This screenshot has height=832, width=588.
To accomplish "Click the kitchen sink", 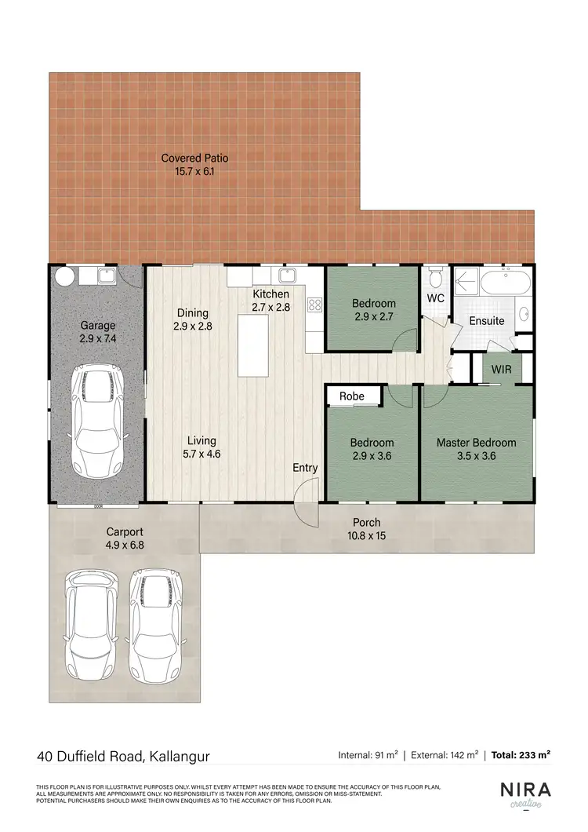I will click(286, 275).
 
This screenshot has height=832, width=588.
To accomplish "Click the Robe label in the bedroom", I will click(352, 396).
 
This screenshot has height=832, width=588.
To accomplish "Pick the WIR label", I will click(501, 369).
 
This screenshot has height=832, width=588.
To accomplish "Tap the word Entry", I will click(305, 468).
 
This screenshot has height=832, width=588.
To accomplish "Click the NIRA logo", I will click(525, 789).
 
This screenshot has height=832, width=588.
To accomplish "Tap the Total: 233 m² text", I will click(521, 755).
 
